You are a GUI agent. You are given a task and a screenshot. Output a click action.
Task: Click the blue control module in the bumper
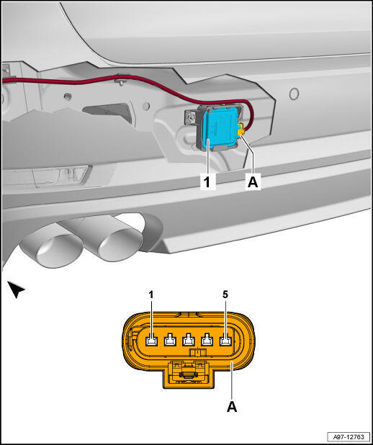(x=219, y=126)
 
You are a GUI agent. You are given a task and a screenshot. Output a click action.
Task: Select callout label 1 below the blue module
(x=208, y=181)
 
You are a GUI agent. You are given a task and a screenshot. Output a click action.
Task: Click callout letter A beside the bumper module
(x=253, y=182)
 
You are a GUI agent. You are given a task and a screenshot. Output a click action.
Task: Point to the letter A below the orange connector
(x=232, y=407)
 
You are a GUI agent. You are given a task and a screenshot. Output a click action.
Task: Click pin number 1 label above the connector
(x=151, y=295)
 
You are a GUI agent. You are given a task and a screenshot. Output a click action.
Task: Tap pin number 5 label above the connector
(x=225, y=295)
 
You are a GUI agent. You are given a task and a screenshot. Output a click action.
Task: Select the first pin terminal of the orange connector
(x=152, y=340)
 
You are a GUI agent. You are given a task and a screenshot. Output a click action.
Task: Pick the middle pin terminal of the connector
(x=189, y=340)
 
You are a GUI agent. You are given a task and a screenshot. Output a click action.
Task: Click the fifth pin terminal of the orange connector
(x=225, y=340)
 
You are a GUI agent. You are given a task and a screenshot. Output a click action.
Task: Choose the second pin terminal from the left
(x=170, y=340)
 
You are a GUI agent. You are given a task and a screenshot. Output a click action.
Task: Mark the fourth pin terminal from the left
(x=207, y=340)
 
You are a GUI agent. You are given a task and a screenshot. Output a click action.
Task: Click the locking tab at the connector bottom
(x=189, y=374)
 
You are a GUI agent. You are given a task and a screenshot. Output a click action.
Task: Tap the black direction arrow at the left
(x=16, y=289)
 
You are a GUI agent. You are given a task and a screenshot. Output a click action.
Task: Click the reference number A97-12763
(x=349, y=436)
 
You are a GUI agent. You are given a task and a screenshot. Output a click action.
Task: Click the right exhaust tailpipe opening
(x=120, y=246)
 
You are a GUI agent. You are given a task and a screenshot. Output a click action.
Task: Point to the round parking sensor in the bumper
(x=294, y=94)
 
